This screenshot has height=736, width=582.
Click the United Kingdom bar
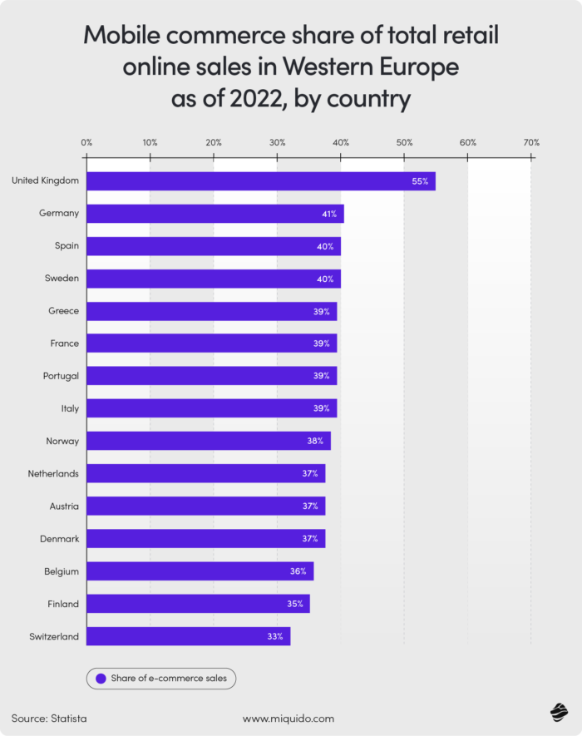coord(260,181)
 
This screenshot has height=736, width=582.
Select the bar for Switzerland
coord(188,636)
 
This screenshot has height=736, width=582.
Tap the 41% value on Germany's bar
coord(329,214)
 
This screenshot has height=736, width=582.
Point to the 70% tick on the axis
coord(531,142)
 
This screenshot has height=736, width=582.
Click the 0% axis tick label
coord(86,142)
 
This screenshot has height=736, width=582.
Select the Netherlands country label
coord(53,473)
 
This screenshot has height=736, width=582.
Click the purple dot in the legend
coord(101,679)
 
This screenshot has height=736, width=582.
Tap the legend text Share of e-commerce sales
coord(169,679)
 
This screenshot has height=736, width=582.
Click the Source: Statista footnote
coord(49,718)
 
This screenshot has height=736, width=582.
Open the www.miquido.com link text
coord(288,718)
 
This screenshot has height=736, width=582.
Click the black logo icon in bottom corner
coord(558,714)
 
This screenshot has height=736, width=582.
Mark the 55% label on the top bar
coord(419,181)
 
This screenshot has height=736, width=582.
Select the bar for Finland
coord(198,604)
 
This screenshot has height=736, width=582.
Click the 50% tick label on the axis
coord(404,142)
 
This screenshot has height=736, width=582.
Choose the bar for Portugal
coord(211,376)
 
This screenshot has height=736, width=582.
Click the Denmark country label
coord(59,539)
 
